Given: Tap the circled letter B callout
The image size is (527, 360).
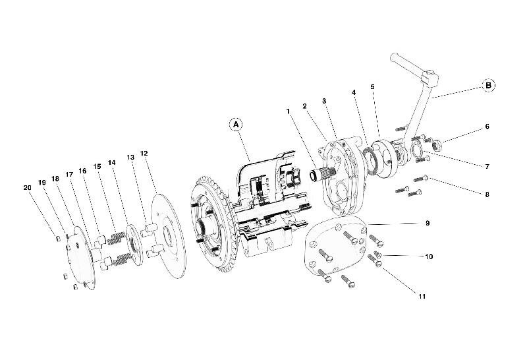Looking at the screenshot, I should pyautogui.click(x=488, y=85).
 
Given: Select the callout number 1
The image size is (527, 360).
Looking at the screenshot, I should pyautogui.click(x=288, y=112).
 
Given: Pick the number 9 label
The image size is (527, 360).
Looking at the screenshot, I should pyautogui.click(x=428, y=224).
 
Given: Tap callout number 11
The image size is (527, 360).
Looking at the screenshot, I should pyautogui.click(x=421, y=296).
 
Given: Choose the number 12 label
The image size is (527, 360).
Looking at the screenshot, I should pyautogui.click(x=144, y=154).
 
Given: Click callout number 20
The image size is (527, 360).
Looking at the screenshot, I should pyautogui.click(x=27, y=188).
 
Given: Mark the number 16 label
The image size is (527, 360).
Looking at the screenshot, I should pyautogui.click(x=82, y=170).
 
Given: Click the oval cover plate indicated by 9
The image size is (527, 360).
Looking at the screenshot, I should pyautogui.click(x=336, y=247).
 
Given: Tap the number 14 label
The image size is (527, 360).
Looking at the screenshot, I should pyautogui.click(x=112, y=162).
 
